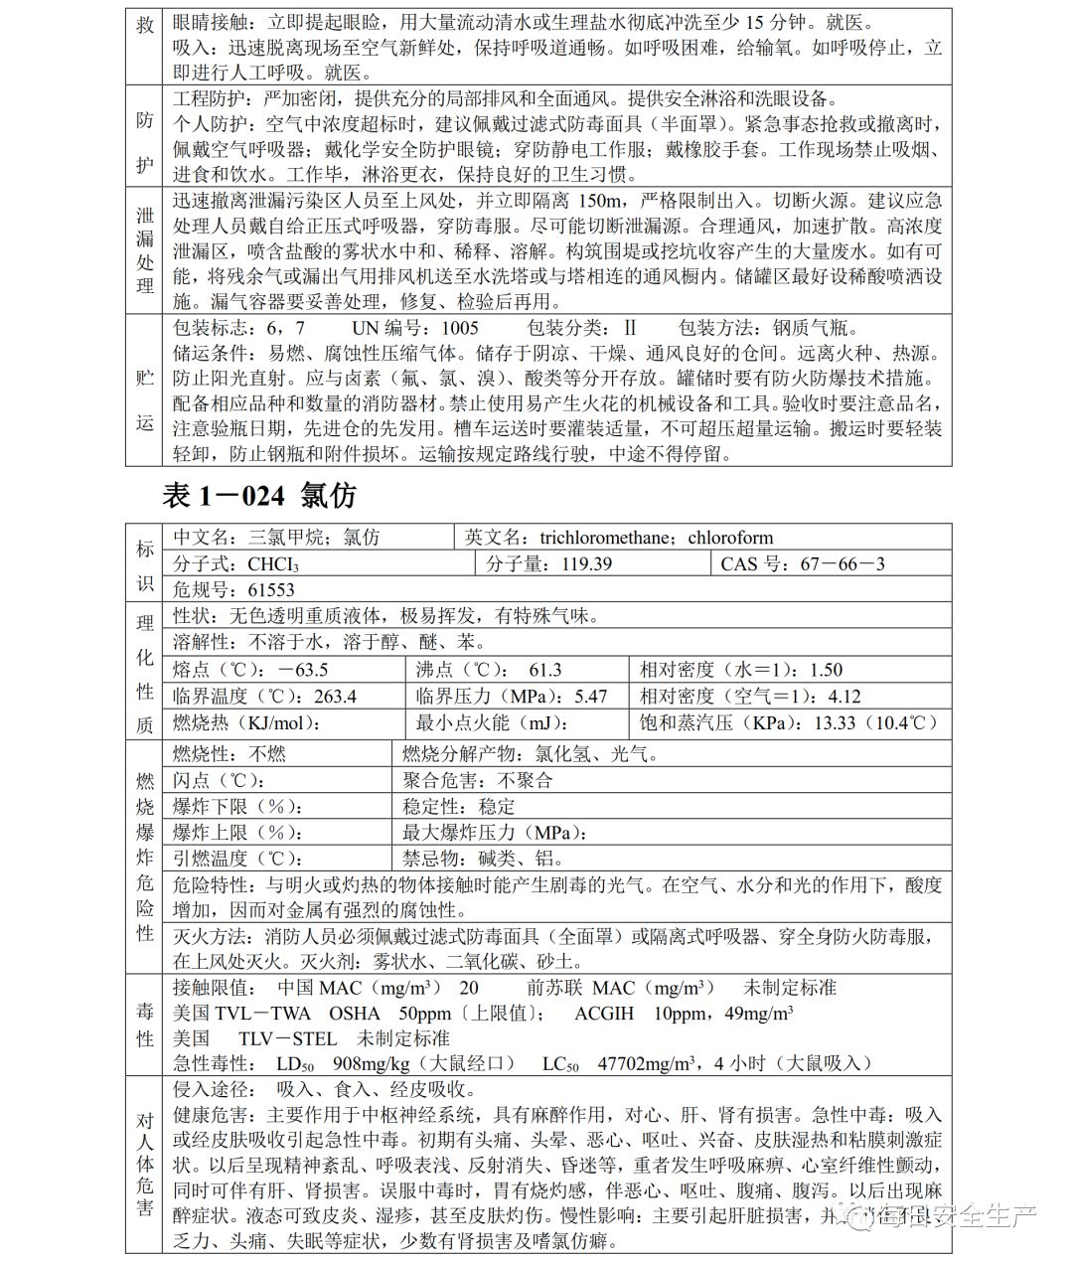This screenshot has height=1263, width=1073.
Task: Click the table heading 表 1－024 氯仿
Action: point(258,494)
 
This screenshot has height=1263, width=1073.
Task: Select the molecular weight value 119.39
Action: point(576,563)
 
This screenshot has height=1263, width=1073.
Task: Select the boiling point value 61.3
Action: point(544,670)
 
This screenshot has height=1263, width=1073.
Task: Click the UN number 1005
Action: point(460,328)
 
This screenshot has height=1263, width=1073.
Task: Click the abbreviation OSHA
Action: point(355,1014)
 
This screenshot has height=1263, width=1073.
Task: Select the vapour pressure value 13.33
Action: point(835,723)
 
